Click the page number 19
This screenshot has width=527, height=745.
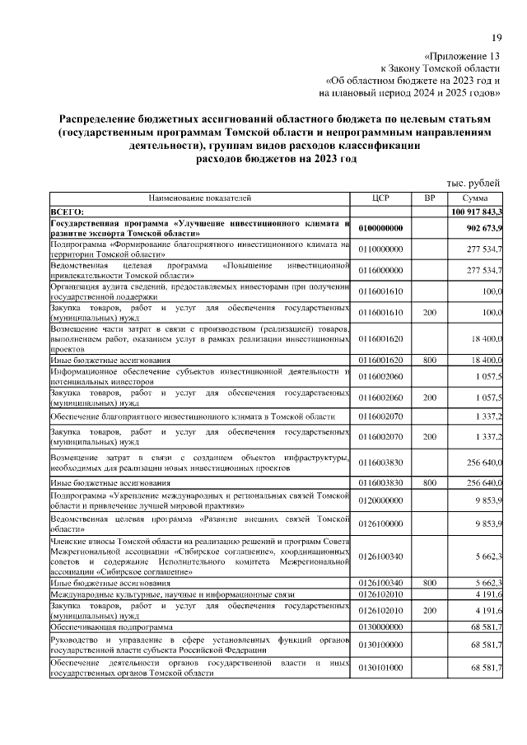pos(497,38)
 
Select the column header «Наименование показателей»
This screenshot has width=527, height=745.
pos(201,198)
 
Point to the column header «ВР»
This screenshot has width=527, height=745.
pos(429,198)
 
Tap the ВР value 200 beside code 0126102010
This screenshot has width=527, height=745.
pos(429,609)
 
